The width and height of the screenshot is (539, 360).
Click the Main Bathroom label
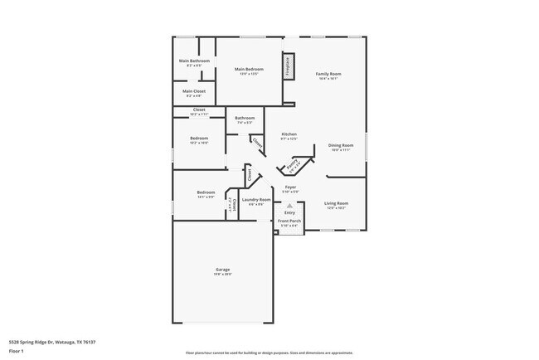pyautogui.click(x=194, y=61)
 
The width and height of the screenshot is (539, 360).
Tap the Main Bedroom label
pyautogui.click(x=249, y=69)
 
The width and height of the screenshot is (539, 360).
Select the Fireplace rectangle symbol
pyautogui.click(x=288, y=65)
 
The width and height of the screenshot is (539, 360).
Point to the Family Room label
pyautogui.click(x=328, y=74)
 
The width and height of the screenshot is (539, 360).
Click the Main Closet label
pyautogui.click(x=194, y=90)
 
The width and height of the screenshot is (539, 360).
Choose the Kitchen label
pyautogui.click(x=289, y=134)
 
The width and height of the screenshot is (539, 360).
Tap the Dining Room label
pyautogui.click(x=342, y=145)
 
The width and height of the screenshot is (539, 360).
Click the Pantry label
pyautogui.click(x=293, y=167)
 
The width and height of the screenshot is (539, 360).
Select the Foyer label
pyautogui.click(x=290, y=187)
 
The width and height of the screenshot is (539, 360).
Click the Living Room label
pyautogui.click(x=336, y=203)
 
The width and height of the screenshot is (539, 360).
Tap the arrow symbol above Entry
pyautogui.click(x=289, y=205)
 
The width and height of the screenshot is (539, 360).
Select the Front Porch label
pyautogui.click(x=289, y=221)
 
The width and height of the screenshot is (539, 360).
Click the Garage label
pyautogui.click(x=223, y=270)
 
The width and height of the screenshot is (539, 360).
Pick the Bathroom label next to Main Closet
pyautogui.click(x=245, y=118)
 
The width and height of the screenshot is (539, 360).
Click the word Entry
pyautogui.click(x=289, y=212)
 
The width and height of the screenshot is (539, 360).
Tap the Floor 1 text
pyautogui.click(x=16, y=351)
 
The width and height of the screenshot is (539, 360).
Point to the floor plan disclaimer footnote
pyautogui.click(x=269, y=353)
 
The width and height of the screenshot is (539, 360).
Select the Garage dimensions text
pyautogui.click(x=223, y=274)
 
